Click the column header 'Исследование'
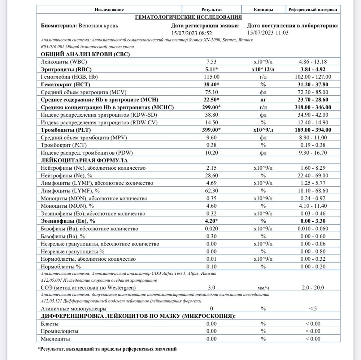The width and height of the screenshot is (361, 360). click(x=109, y=10)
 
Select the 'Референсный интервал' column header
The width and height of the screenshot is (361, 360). click(x=312, y=10)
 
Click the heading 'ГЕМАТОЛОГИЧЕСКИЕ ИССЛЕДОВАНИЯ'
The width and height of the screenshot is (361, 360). click(x=188, y=17)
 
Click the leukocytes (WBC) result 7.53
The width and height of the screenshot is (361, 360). click(x=211, y=62)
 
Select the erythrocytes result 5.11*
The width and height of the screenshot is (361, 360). click(x=211, y=69)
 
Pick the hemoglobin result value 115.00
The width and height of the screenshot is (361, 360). click(x=211, y=77)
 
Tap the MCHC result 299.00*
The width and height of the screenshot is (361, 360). click(x=211, y=107)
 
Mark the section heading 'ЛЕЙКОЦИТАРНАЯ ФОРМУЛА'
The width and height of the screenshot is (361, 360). click(x=84, y=160)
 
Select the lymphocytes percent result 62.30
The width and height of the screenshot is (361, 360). click(x=211, y=191)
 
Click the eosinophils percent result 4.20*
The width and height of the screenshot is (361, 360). click(x=211, y=221)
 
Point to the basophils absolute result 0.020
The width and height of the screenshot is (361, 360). click(x=211, y=229)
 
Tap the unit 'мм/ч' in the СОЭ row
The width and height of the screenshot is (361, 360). click(x=263, y=287)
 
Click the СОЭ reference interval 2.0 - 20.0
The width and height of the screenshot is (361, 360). click(x=312, y=287)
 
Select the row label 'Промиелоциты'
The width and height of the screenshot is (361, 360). click(x=60, y=331)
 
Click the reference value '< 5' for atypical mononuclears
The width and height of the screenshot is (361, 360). click(x=312, y=309)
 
